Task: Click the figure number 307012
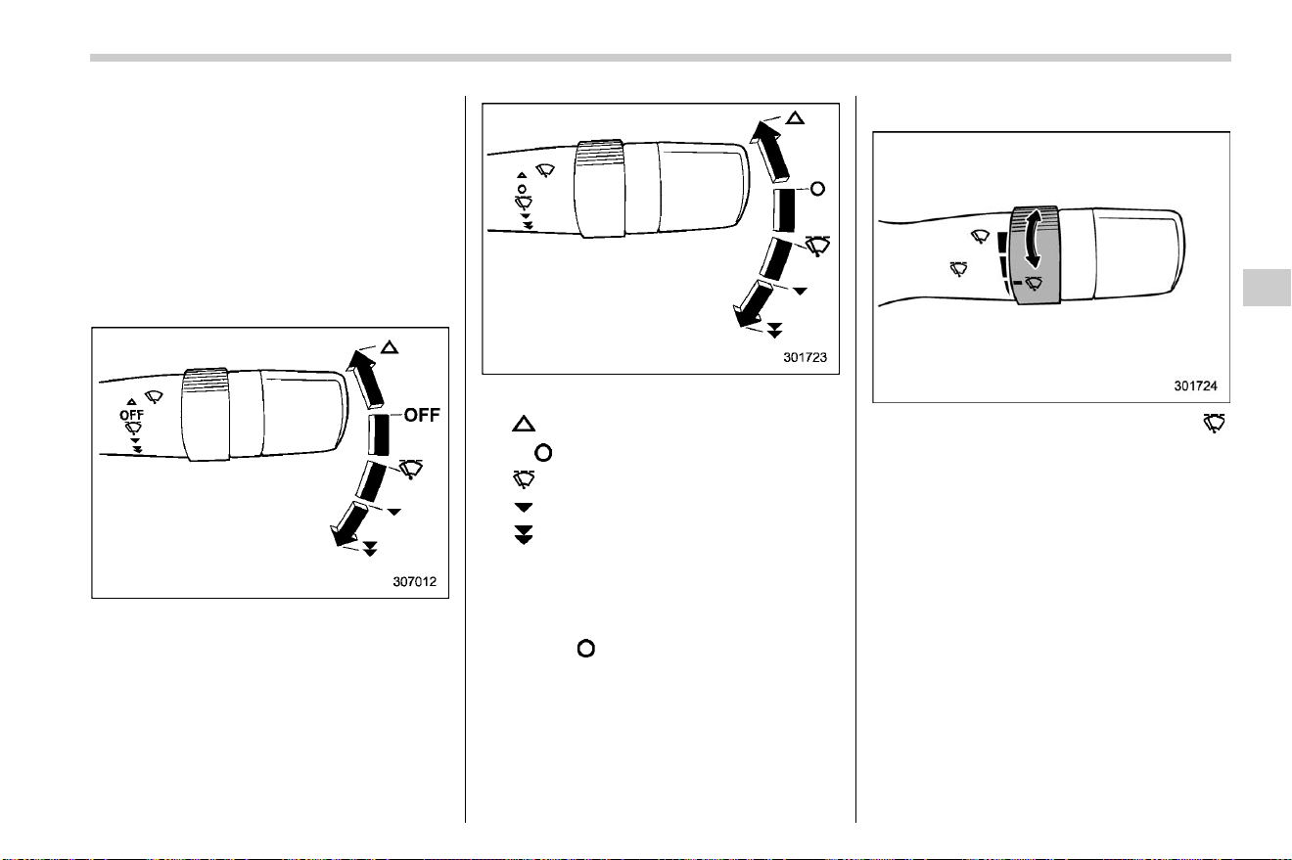point(415,581)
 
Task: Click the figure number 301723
point(806,357)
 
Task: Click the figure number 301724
point(1196,385)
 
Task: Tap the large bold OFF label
point(422,415)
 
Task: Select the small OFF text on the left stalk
point(131,415)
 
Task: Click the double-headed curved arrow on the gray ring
point(1033,239)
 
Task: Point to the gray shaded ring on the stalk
point(1036,254)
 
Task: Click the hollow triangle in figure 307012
point(390,347)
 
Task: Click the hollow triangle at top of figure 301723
point(796,118)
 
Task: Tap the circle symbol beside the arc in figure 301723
point(817,189)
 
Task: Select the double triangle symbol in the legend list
point(524,535)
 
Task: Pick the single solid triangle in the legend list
point(524,507)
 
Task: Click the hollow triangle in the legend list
point(524,424)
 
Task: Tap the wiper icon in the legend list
point(524,479)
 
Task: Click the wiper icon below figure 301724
point(1214,423)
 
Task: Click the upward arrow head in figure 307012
point(359,360)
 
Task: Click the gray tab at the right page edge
point(1268,287)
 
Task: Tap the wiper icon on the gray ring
point(1034,283)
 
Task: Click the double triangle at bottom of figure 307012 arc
point(370,549)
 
